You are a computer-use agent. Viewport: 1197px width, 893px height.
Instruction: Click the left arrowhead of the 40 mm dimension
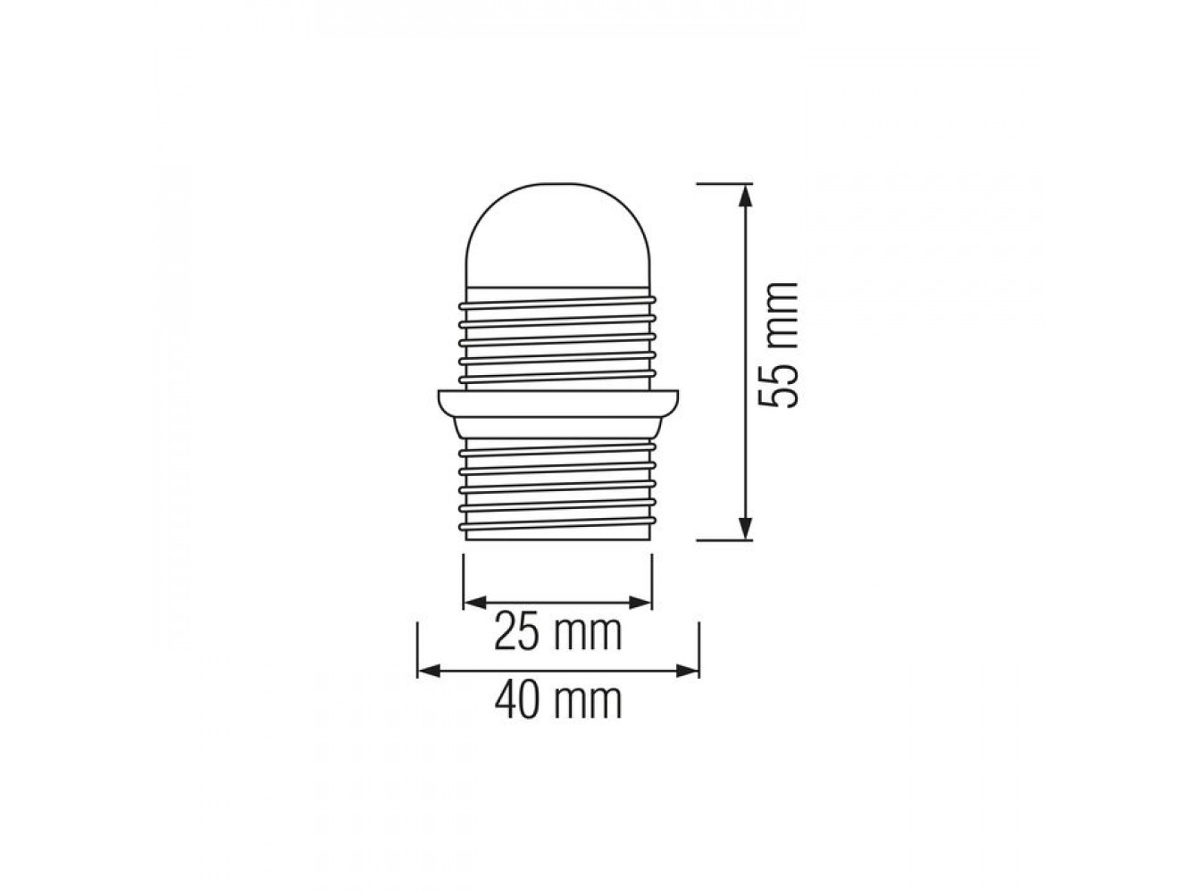pos(429,670)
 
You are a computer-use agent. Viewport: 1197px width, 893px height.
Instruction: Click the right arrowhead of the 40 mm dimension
pos(687,670)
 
